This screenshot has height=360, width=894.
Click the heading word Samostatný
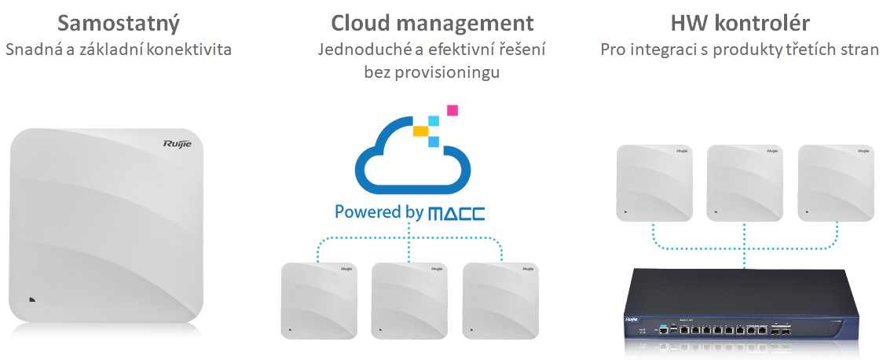(119, 24)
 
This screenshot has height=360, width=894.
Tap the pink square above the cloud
(452, 110)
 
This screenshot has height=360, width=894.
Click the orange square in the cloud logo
(421, 130)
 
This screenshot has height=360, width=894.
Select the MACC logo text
(456, 214)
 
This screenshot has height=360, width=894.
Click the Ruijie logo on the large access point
(178, 144)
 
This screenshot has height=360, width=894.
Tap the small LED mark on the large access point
(31, 299)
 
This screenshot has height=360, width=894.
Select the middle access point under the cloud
(409, 301)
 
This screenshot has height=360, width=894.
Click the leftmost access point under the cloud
(319, 301)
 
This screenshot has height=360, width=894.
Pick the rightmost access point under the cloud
(500, 301)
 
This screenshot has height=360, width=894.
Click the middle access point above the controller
(745, 182)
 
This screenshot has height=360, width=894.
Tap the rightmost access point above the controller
(836, 182)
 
